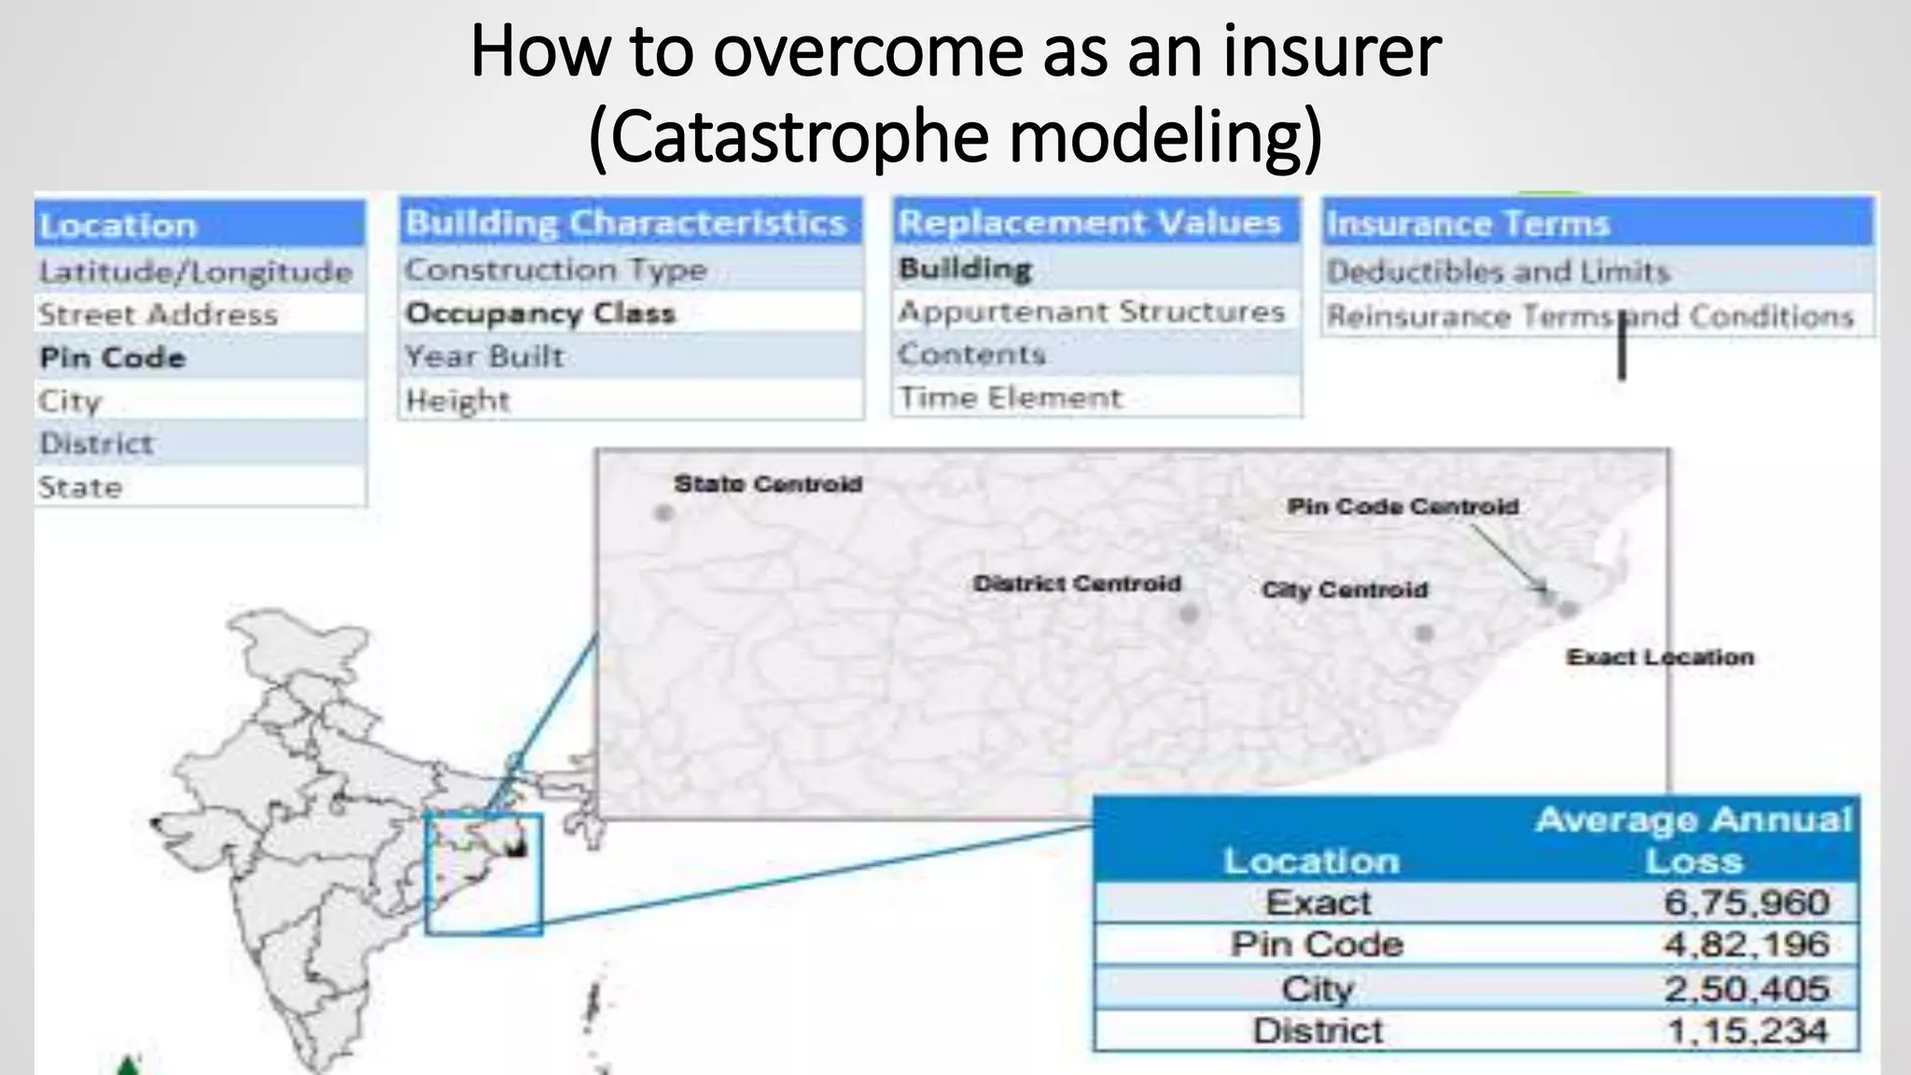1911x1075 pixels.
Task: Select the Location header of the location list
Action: point(119,226)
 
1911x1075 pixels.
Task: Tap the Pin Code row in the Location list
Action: point(113,357)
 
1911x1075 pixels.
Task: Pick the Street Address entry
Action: point(158,314)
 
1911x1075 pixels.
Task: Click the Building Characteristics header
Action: point(626,223)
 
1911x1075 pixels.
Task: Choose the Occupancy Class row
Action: point(540,313)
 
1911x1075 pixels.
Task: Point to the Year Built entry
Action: point(484,356)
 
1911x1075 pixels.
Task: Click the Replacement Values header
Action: point(1089,222)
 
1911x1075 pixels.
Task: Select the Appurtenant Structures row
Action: point(1092,312)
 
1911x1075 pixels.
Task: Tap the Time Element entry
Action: point(1010,398)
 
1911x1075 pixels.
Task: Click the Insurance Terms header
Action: point(1468,224)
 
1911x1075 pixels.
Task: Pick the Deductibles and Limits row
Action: point(1498,272)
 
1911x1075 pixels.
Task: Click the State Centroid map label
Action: point(768,484)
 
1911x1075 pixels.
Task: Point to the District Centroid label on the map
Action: point(1077,584)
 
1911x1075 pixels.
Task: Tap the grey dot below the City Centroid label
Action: point(1424,634)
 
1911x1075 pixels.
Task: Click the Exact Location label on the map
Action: point(1660,658)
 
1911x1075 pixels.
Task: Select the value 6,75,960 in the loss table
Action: point(1746,902)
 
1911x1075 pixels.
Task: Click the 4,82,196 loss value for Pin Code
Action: point(1746,944)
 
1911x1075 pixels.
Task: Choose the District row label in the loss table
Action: point(1318,1031)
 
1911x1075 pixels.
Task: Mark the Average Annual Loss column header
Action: point(1694,840)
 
